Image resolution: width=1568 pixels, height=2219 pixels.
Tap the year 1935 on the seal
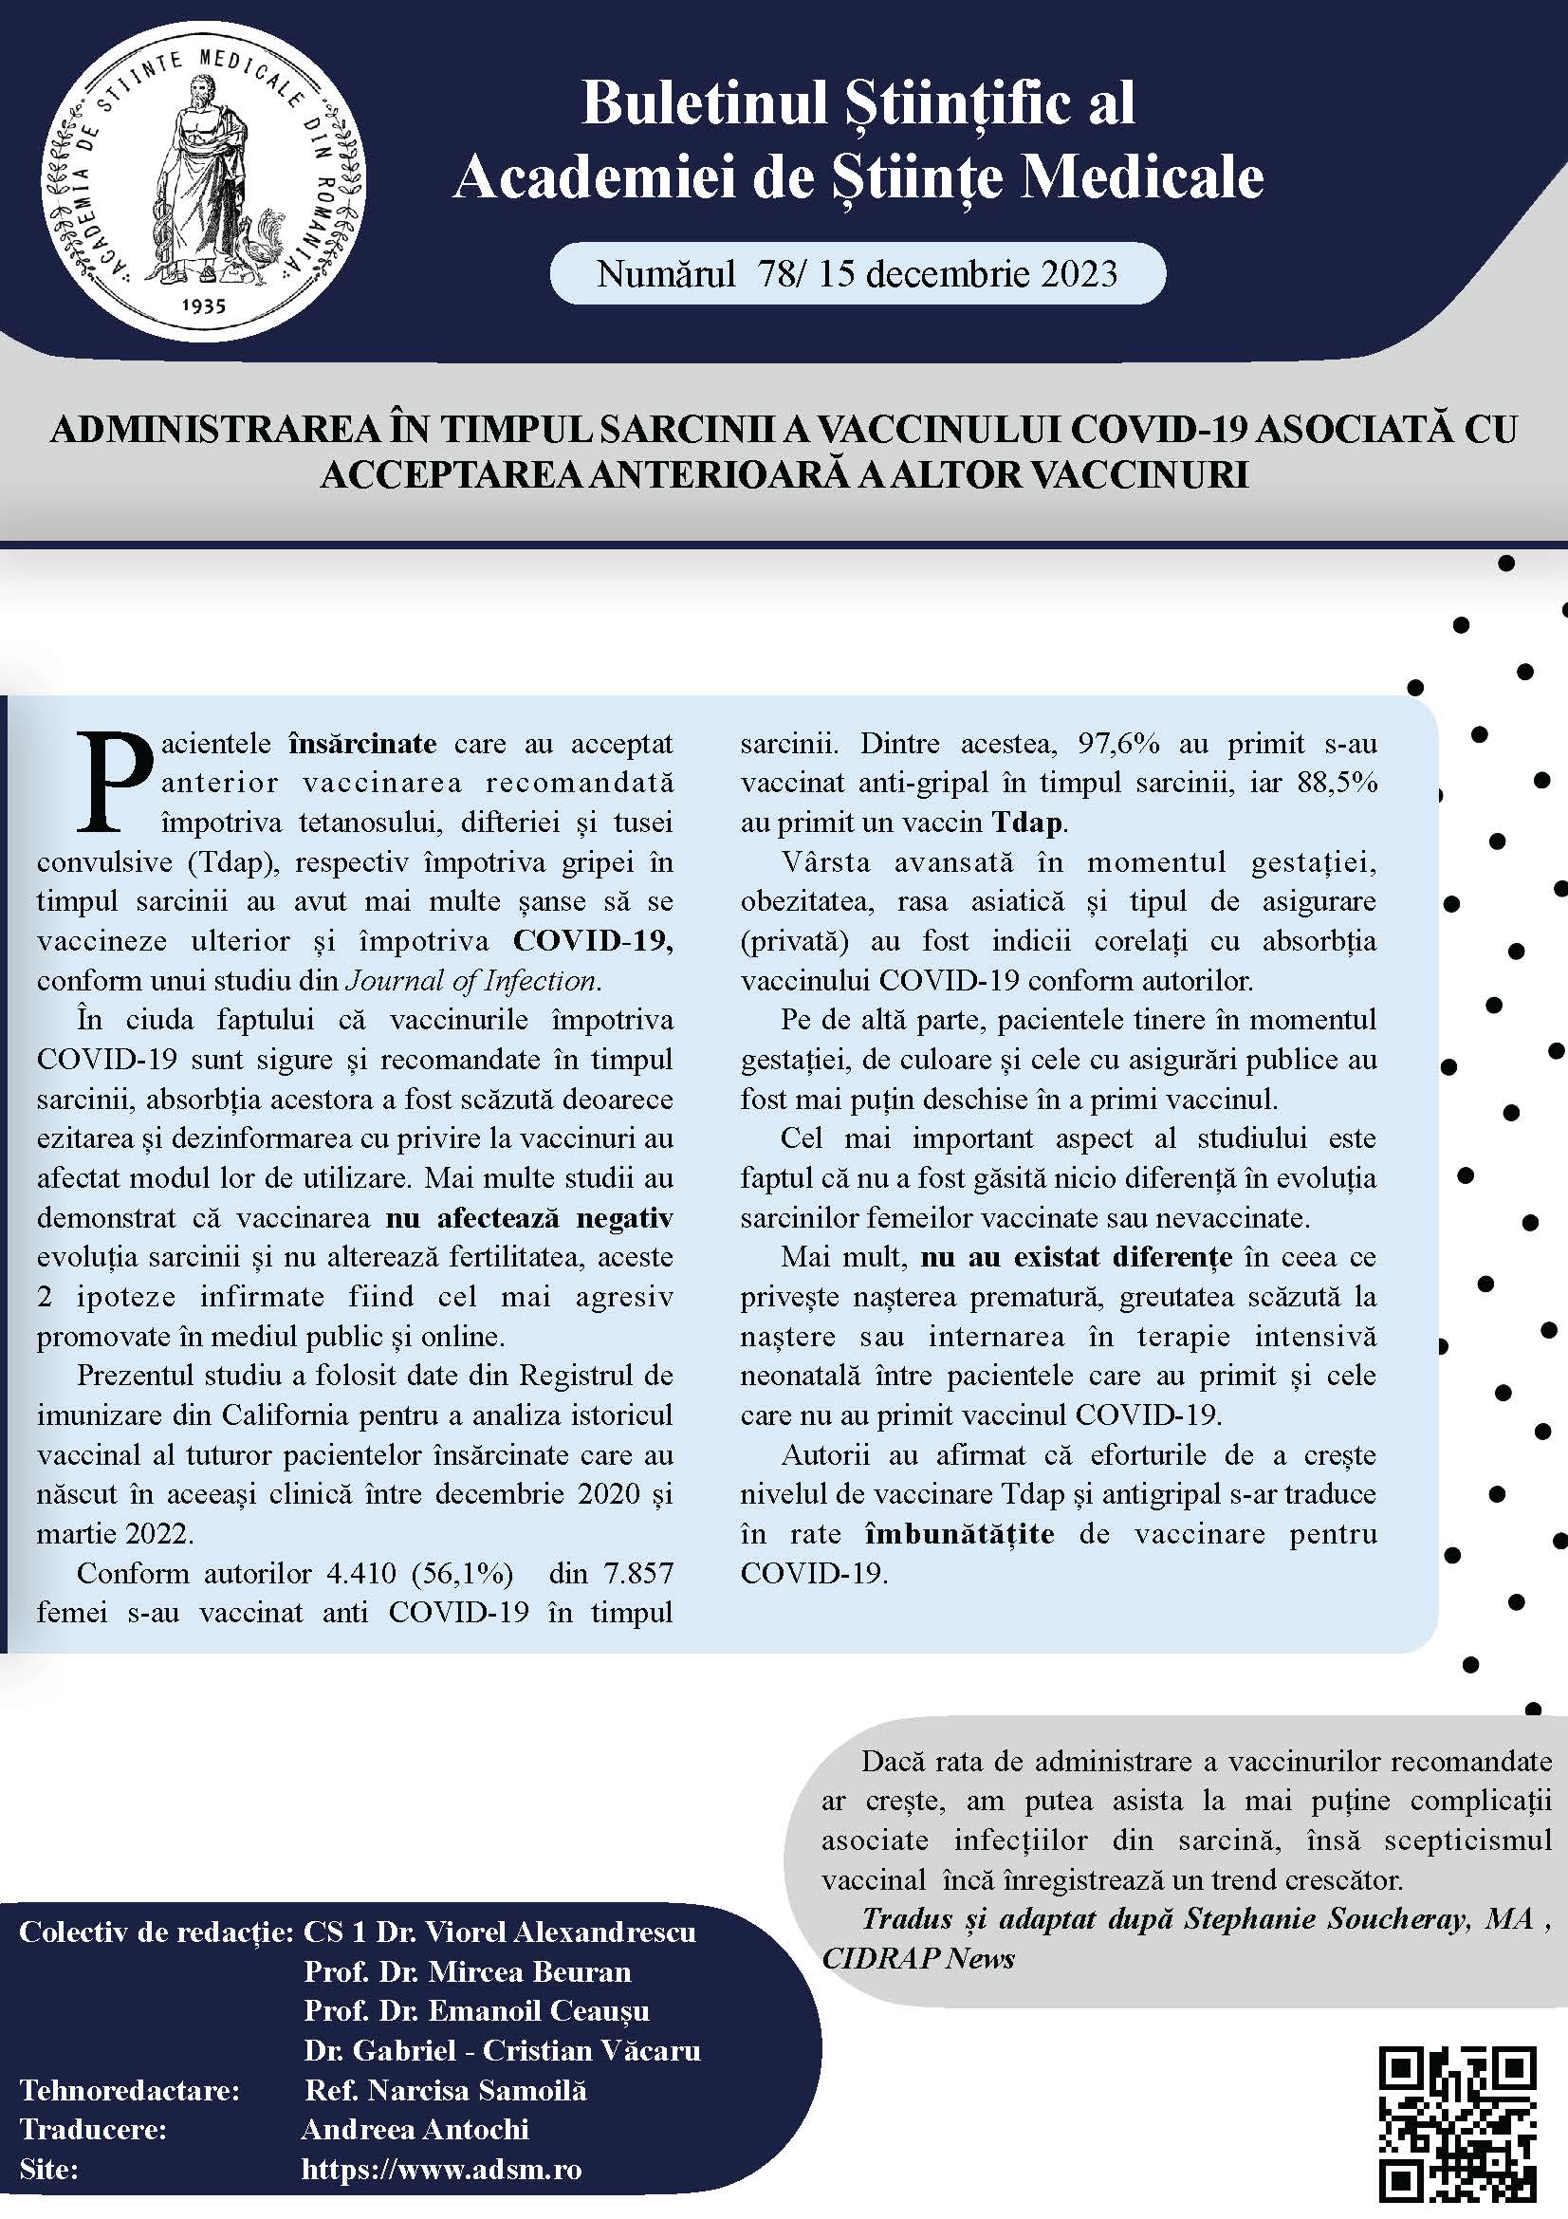click(x=203, y=305)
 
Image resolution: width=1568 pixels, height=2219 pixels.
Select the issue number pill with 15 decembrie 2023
click(x=857, y=274)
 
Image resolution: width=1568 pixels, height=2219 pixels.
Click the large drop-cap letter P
click(x=114, y=780)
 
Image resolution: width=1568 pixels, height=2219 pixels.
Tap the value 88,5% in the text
click(x=1337, y=783)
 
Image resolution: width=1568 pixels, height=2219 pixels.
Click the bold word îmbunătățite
click(x=958, y=1534)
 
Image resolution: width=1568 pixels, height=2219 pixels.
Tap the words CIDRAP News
click(x=918, y=1958)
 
